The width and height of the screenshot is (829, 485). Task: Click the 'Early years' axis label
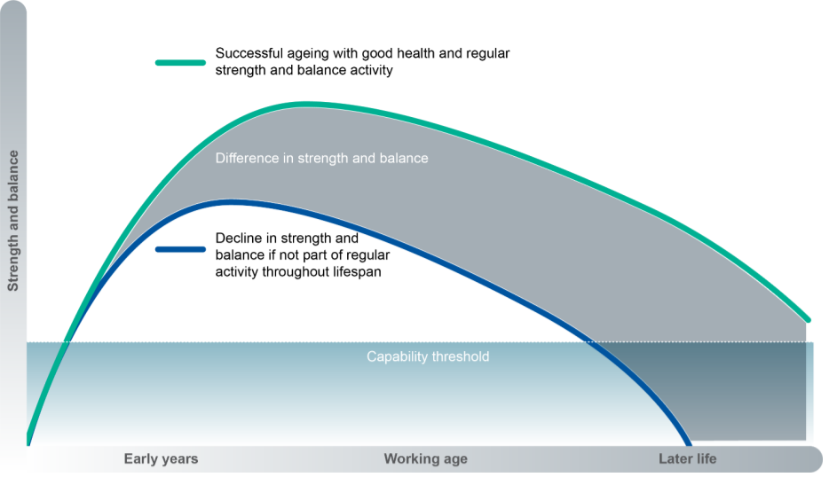click(161, 458)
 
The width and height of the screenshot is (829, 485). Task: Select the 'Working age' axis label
click(425, 458)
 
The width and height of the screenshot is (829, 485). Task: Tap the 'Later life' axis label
click(687, 458)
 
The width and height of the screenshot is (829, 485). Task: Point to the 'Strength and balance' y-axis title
click(13, 221)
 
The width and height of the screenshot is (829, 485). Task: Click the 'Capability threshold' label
click(428, 356)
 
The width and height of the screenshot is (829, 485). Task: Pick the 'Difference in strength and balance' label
click(321, 159)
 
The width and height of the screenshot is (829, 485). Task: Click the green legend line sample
click(181, 62)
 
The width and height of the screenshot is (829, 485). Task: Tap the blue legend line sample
click(181, 248)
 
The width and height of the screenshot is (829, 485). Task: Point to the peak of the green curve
click(306, 105)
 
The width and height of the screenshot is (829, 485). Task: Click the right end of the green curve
click(809, 318)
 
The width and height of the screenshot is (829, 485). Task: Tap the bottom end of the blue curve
click(689, 442)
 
